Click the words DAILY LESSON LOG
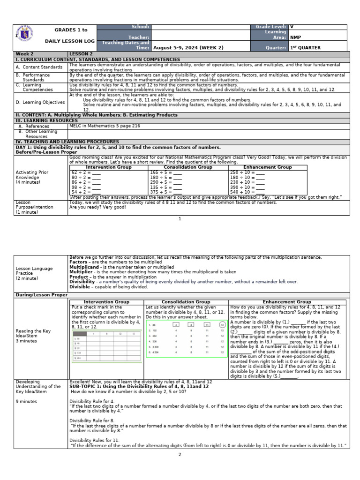tap(69, 41)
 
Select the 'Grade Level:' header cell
tap(271, 27)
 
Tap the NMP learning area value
tap(296, 37)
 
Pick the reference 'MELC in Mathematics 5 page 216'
tap(105, 126)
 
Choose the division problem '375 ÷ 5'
tap(160, 192)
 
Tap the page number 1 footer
tap(180, 219)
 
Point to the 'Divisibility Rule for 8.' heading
tap(92, 420)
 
